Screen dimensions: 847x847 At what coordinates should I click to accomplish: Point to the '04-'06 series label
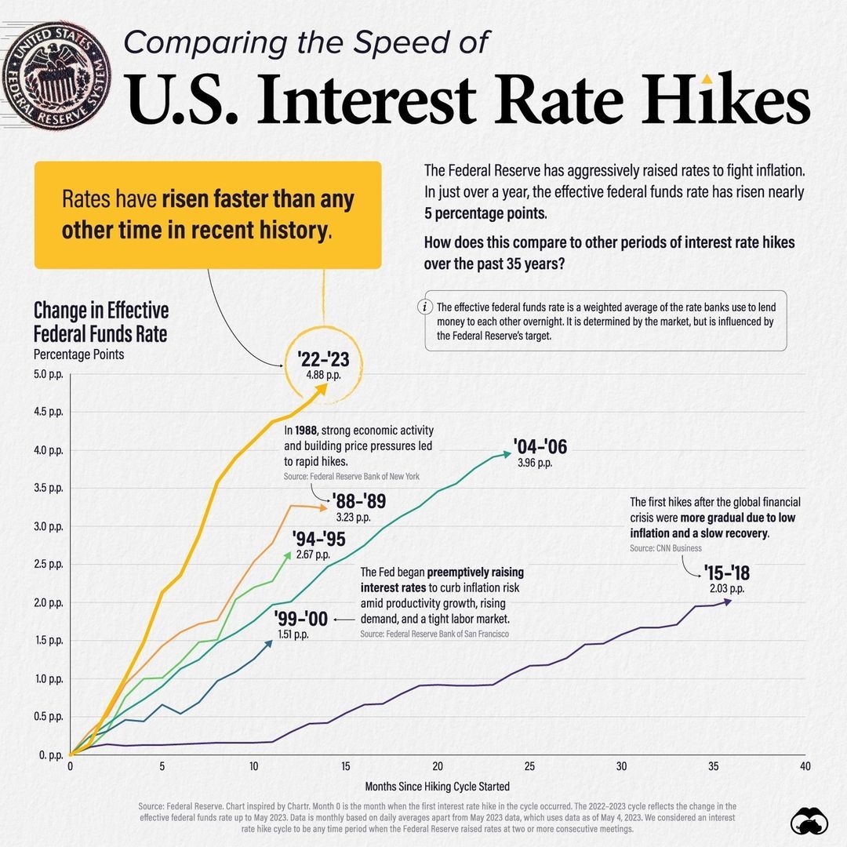pyautogui.click(x=540, y=447)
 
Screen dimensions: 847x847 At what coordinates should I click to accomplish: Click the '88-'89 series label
pyautogui.click(x=359, y=502)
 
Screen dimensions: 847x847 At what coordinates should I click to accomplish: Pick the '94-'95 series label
pyautogui.click(x=318, y=539)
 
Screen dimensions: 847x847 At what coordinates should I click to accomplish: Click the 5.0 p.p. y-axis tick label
pyautogui.click(x=49, y=373)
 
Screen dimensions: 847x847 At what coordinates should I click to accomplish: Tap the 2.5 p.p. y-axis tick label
pyautogui.click(x=49, y=565)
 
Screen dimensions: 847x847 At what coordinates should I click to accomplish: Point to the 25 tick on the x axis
pyautogui.click(x=529, y=766)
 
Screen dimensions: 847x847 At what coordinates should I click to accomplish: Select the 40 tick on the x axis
pyautogui.click(x=805, y=766)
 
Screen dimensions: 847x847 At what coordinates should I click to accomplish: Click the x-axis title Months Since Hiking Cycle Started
pyautogui.click(x=438, y=786)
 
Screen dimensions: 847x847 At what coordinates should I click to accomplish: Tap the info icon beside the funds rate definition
pyautogui.click(x=426, y=307)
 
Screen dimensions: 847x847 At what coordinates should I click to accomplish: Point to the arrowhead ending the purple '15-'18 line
pyautogui.click(x=729, y=601)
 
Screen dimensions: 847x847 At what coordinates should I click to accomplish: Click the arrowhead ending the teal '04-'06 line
pyautogui.click(x=507, y=453)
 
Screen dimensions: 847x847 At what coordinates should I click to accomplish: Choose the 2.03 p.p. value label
pyautogui.click(x=726, y=588)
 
